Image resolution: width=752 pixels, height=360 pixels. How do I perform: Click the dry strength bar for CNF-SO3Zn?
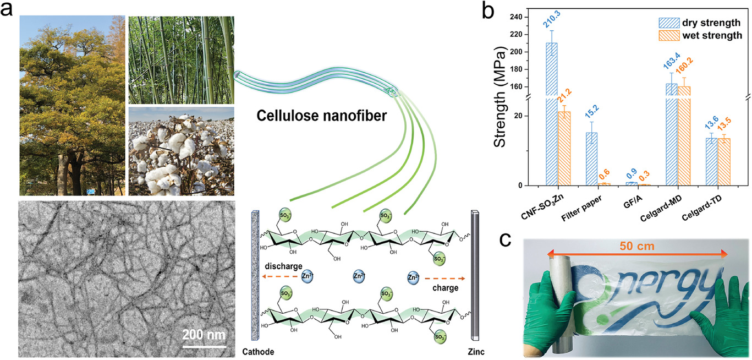552,114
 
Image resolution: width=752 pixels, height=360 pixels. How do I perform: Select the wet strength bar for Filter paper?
604,184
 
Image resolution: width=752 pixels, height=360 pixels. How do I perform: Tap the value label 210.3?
552,19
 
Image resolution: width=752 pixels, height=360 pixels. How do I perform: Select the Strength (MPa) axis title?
500,96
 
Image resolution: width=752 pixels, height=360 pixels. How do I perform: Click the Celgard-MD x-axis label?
661,209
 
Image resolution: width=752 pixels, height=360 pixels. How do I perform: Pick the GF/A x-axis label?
633,202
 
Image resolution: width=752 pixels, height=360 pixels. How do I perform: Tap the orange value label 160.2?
684,66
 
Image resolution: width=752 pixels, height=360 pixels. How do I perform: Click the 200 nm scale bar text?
204,335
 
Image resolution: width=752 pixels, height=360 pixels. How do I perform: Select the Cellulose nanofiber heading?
322,116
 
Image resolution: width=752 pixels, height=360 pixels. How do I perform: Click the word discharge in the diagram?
284,266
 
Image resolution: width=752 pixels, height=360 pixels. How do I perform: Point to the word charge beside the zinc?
445,288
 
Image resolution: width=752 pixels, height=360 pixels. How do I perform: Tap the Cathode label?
258,352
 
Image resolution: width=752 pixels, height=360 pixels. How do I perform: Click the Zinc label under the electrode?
476,352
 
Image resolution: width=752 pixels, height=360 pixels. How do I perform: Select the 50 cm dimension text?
637,246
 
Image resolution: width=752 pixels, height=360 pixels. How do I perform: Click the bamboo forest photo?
182,60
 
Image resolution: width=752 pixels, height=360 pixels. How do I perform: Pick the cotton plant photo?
182,151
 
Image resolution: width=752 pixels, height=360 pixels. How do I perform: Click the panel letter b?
487,11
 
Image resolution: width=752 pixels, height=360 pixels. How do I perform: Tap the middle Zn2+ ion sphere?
359,276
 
